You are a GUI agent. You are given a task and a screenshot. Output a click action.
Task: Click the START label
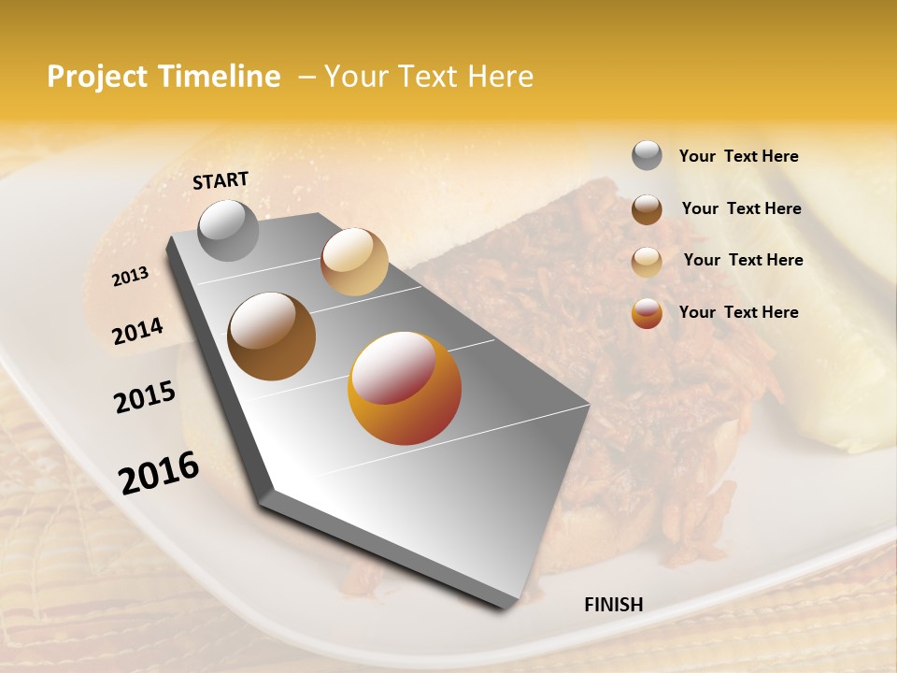pos(221,180)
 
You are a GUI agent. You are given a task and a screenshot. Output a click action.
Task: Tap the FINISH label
pos(613,605)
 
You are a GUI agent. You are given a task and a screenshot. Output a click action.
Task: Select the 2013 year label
pos(130,277)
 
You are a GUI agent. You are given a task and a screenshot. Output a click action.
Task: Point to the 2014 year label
pos(138,332)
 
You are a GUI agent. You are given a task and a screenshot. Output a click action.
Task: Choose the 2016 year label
pos(159,473)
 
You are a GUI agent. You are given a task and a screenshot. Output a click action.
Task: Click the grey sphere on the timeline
pos(228,230)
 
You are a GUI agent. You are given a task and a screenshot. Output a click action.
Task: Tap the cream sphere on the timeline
pos(354,262)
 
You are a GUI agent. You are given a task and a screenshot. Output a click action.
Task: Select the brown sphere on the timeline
pos(272,336)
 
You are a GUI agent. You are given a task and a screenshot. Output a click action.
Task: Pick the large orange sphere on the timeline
pos(405,388)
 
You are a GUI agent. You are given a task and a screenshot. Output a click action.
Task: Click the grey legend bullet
pos(647,155)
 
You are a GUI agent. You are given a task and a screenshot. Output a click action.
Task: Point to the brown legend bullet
pos(647,209)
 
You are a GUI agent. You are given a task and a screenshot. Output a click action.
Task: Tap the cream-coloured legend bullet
pos(647,262)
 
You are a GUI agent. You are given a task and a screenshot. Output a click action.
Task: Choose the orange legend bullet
pos(647,313)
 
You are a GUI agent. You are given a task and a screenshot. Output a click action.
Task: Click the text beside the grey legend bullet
pos(738,156)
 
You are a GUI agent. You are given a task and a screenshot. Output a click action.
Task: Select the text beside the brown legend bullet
pos(741,208)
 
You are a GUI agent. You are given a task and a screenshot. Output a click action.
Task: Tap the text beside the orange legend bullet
pos(738,312)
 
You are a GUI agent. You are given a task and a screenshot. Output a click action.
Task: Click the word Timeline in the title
pos(221,77)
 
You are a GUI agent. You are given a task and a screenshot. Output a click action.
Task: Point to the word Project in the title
pos(95,77)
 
